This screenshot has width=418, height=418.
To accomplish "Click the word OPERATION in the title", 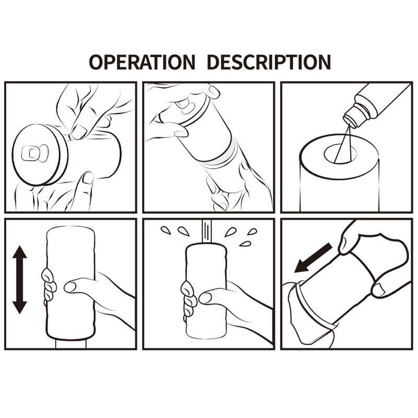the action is click(x=142, y=62).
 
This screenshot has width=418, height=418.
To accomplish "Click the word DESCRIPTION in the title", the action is click(x=269, y=62).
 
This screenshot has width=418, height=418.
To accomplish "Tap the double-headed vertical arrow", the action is click(x=20, y=280).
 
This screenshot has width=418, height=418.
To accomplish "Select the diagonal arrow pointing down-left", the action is click(x=313, y=258).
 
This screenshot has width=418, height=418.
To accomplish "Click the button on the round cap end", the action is click(x=35, y=153).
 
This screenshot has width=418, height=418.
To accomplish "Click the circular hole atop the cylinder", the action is click(x=341, y=154).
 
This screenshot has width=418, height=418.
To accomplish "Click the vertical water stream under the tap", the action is click(x=206, y=231).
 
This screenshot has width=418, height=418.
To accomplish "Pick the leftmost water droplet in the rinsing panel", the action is click(x=166, y=230).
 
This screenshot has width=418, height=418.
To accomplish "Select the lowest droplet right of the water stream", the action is click(x=245, y=244).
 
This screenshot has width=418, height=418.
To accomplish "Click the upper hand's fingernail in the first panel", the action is click(x=79, y=131).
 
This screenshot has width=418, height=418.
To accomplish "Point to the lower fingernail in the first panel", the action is click(x=88, y=178).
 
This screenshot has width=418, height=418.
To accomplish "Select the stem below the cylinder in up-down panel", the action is click(x=71, y=344).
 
